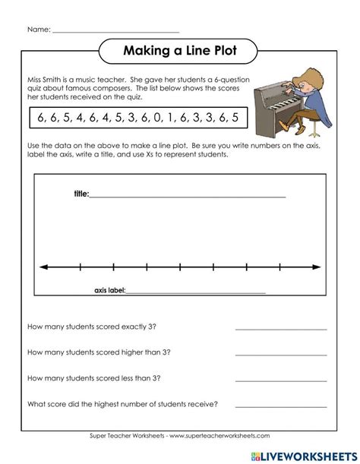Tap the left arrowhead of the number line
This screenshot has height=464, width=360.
pos(43,267)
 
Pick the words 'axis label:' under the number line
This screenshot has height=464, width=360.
pos(109,290)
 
